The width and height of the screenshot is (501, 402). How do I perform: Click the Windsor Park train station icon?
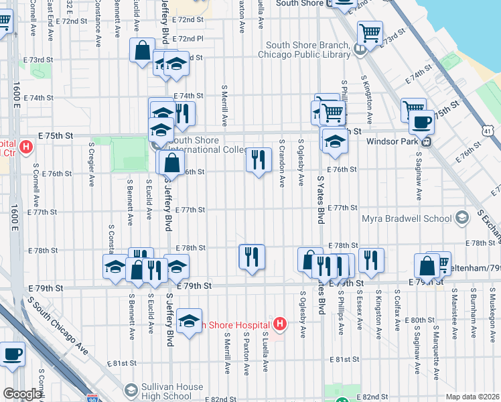pos(425,141)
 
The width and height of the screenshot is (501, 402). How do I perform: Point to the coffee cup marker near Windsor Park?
pos(421,123)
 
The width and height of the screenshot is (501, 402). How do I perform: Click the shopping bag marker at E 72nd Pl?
pos(143,51)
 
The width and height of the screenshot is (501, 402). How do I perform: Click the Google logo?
pos(22,394)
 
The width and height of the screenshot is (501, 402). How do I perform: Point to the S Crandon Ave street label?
pos(283,163)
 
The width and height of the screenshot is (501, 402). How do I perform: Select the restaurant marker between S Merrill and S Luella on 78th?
pos(252,257)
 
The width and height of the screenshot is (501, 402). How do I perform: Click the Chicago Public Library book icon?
pos(360,48)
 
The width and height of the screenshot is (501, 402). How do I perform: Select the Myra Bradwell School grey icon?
pos(461,218)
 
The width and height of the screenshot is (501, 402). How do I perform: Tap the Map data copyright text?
pos(472,396)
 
